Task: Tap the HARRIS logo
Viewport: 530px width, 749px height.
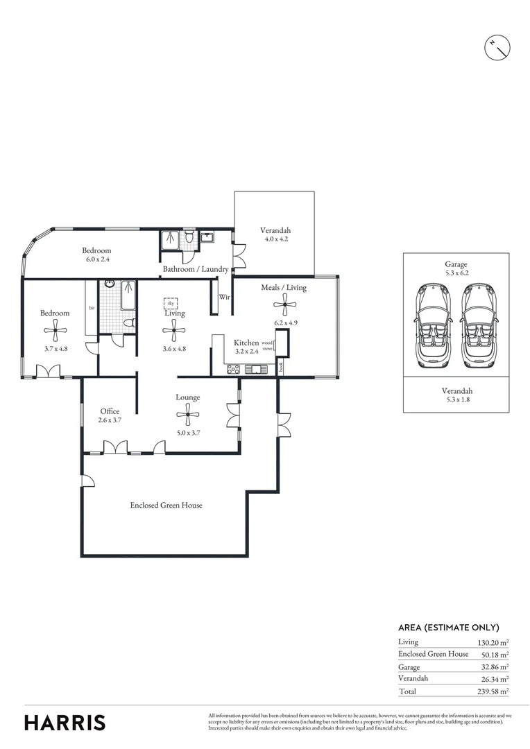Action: pyautogui.click(x=65, y=722)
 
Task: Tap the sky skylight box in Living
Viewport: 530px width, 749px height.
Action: pyautogui.click(x=170, y=303)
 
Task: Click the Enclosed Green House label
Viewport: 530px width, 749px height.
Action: pyautogui.click(x=166, y=505)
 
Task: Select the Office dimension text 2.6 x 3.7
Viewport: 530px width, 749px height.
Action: pyautogui.click(x=110, y=420)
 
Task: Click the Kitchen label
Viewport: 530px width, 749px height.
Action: pyautogui.click(x=246, y=343)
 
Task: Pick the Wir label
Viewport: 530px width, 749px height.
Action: pyautogui.click(x=224, y=296)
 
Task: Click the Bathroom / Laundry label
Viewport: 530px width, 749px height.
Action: pyautogui.click(x=196, y=269)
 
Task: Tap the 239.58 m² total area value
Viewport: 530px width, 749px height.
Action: pyautogui.click(x=490, y=691)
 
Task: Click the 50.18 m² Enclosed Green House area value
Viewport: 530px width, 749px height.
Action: pyautogui.click(x=495, y=654)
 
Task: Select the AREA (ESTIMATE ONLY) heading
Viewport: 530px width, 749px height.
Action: pyautogui.click(x=448, y=627)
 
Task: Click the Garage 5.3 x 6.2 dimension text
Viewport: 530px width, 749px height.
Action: pyautogui.click(x=456, y=273)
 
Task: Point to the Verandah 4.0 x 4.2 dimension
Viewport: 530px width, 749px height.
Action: pyautogui.click(x=275, y=240)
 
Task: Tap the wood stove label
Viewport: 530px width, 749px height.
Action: pyautogui.click(x=267, y=345)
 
